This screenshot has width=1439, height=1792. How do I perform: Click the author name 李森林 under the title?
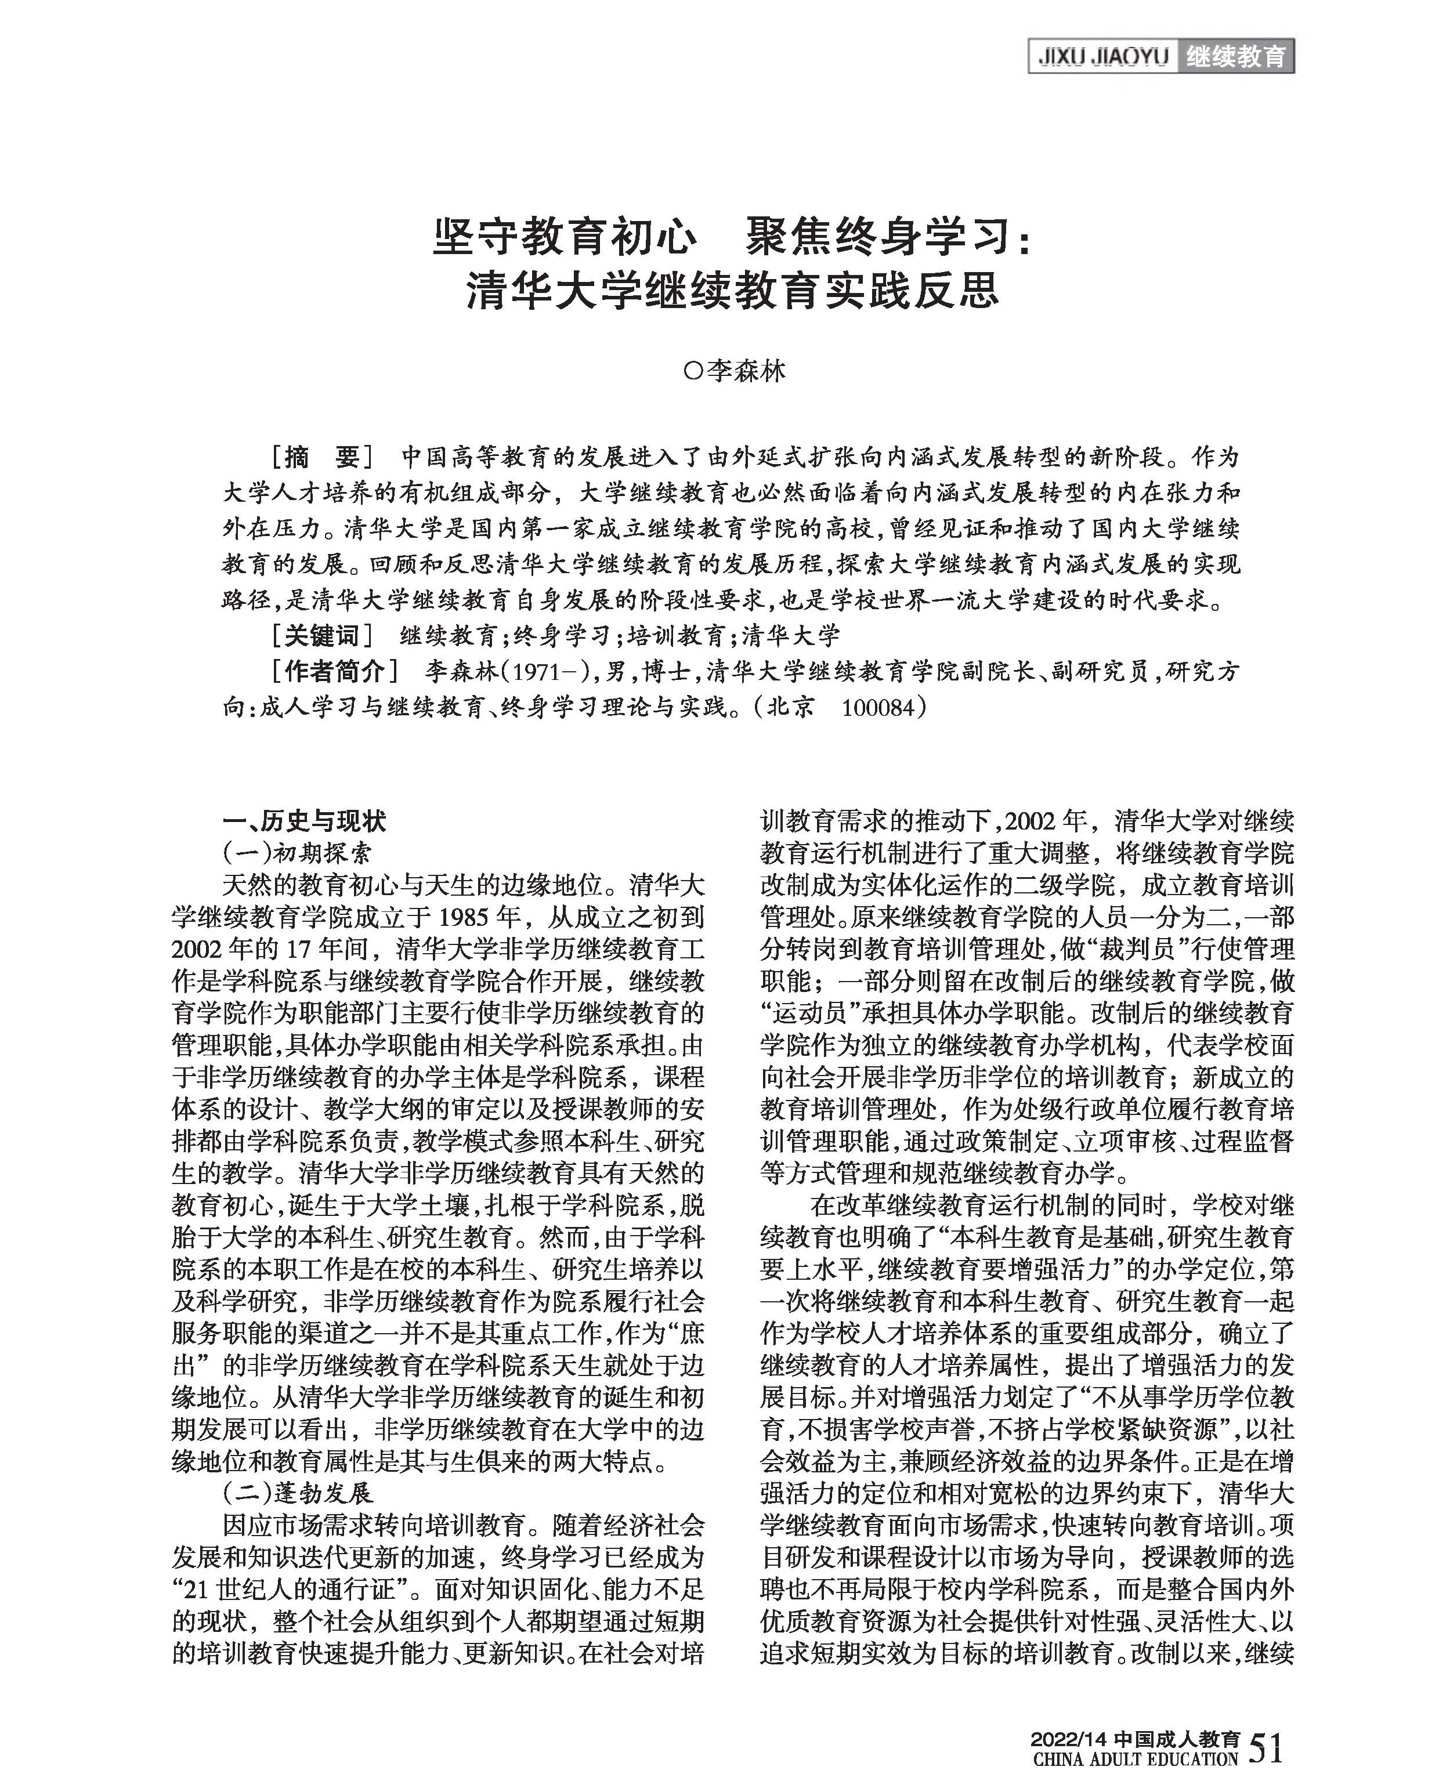745,371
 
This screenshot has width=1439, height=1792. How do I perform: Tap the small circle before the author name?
690,371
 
